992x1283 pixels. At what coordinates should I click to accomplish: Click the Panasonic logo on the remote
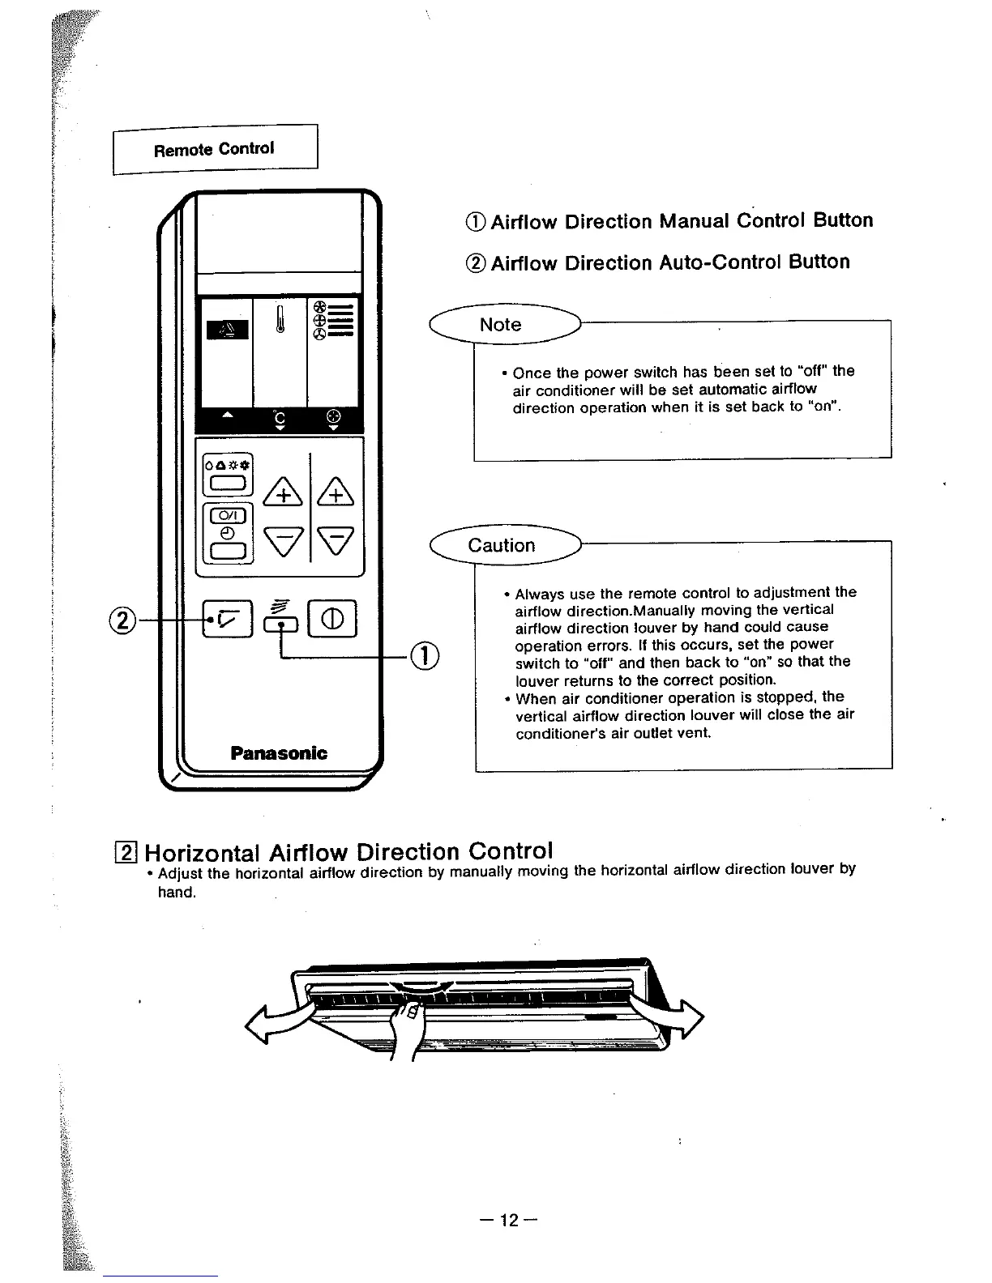[x=279, y=753]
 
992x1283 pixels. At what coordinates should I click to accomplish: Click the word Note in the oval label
[x=500, y=325]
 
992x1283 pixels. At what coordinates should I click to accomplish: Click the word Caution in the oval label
[x=502, y=545]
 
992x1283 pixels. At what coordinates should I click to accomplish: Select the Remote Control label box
[x=215, y=149]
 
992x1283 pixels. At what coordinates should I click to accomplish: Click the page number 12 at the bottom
[x=508, y=1220]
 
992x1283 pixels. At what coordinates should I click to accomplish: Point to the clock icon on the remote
[x=229, y=534]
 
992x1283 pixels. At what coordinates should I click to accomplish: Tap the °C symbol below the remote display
[x=279, y=420]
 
